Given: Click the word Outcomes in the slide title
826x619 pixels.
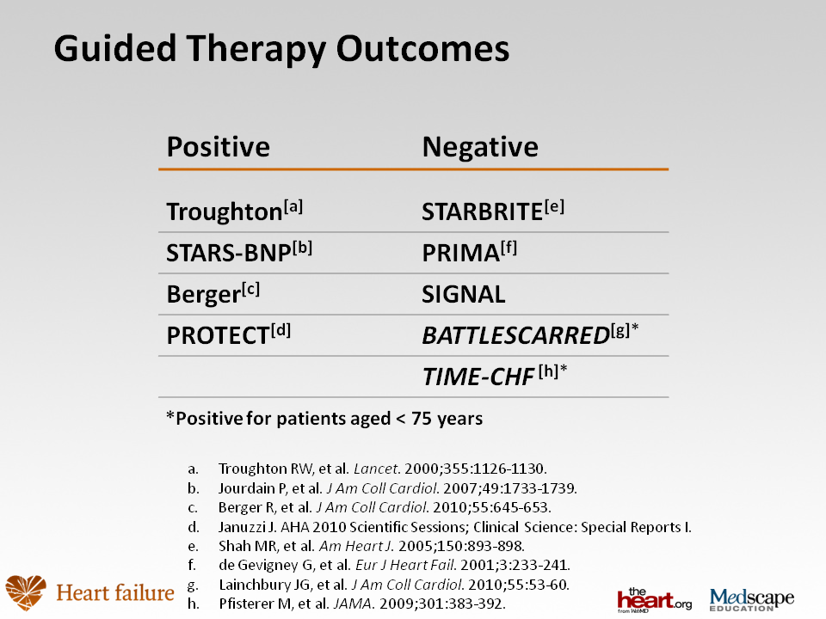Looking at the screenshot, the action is [x=422, y=48].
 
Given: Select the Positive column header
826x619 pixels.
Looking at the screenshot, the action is [x=218, y=146].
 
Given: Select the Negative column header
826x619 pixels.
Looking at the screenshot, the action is [x=480, y=146].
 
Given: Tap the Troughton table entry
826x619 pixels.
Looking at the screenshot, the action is [x=234, y=211].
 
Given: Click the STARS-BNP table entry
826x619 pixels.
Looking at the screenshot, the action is [x=239, y=252].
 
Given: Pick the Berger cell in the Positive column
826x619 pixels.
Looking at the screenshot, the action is [x=213, y=294].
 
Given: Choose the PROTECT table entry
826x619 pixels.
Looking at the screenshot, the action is [x=229, y=334].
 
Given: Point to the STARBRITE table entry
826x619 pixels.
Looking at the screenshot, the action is [x=493, y=211].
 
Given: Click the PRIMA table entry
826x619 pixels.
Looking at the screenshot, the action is [x=470, y=252].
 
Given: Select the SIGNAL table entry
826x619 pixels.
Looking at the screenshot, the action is [x=464, y=294].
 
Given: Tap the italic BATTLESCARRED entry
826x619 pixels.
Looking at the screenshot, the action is [x=530, y=334].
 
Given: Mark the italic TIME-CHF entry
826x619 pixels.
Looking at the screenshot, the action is [x=495, y=376].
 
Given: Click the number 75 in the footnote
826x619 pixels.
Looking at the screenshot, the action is [x=422, y=419].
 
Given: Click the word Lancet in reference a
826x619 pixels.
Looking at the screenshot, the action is [x=376, y=469].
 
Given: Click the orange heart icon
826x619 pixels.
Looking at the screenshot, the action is [x=26, y=592].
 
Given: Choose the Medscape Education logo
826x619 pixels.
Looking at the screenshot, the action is [x=752, y=599].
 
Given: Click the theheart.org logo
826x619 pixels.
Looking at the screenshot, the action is [x=654, y=600].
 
